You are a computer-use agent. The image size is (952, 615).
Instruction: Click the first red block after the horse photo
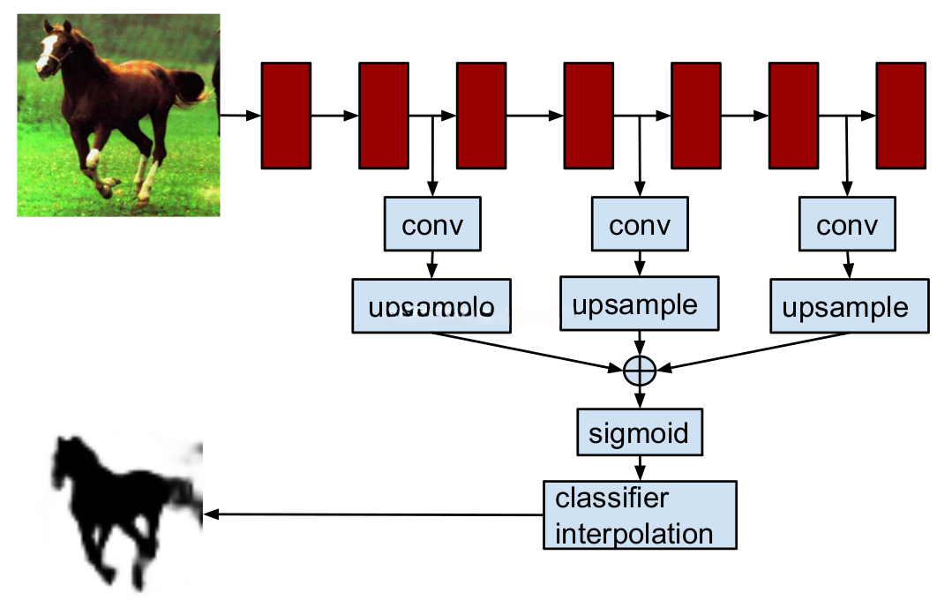click(x=286, y=116)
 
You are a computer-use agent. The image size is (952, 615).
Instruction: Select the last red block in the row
click(x=901, y=116)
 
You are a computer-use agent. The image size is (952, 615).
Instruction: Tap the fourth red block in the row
click(x=588, y=116)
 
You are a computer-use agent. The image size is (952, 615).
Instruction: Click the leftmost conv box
click(x=432, y=225)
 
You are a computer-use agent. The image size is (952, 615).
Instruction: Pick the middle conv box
click(x=640, y=225)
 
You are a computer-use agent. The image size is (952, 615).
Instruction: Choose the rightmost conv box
click(x=847, y=225)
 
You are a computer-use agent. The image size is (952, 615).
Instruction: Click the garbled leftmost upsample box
click(x=432, y=306)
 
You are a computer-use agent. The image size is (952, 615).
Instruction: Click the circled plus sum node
click(x=640, y=371)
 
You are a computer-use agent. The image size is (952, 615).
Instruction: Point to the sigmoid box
click(x=640, y=433)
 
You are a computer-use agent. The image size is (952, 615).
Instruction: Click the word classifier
click(x=611, y=499)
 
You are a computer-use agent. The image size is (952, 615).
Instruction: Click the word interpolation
click(x=633, y=533)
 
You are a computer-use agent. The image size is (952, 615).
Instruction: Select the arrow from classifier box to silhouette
click(x=371, y=514)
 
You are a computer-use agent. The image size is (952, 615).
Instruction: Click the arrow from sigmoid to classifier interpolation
click(x=640, y=469)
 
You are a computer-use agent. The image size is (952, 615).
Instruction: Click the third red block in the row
click(x=481, y=116)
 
